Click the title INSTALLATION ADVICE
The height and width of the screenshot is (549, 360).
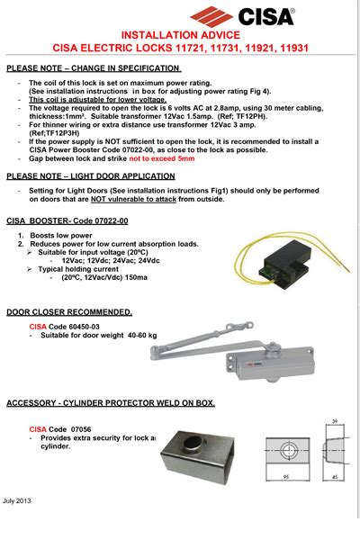coord(180,34)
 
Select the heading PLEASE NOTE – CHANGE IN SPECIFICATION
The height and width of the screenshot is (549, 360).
coord(94,68)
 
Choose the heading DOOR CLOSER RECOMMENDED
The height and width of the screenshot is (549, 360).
coord(69,312)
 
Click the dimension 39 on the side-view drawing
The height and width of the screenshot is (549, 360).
coord(333,421)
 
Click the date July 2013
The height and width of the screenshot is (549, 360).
coord(17,499)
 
